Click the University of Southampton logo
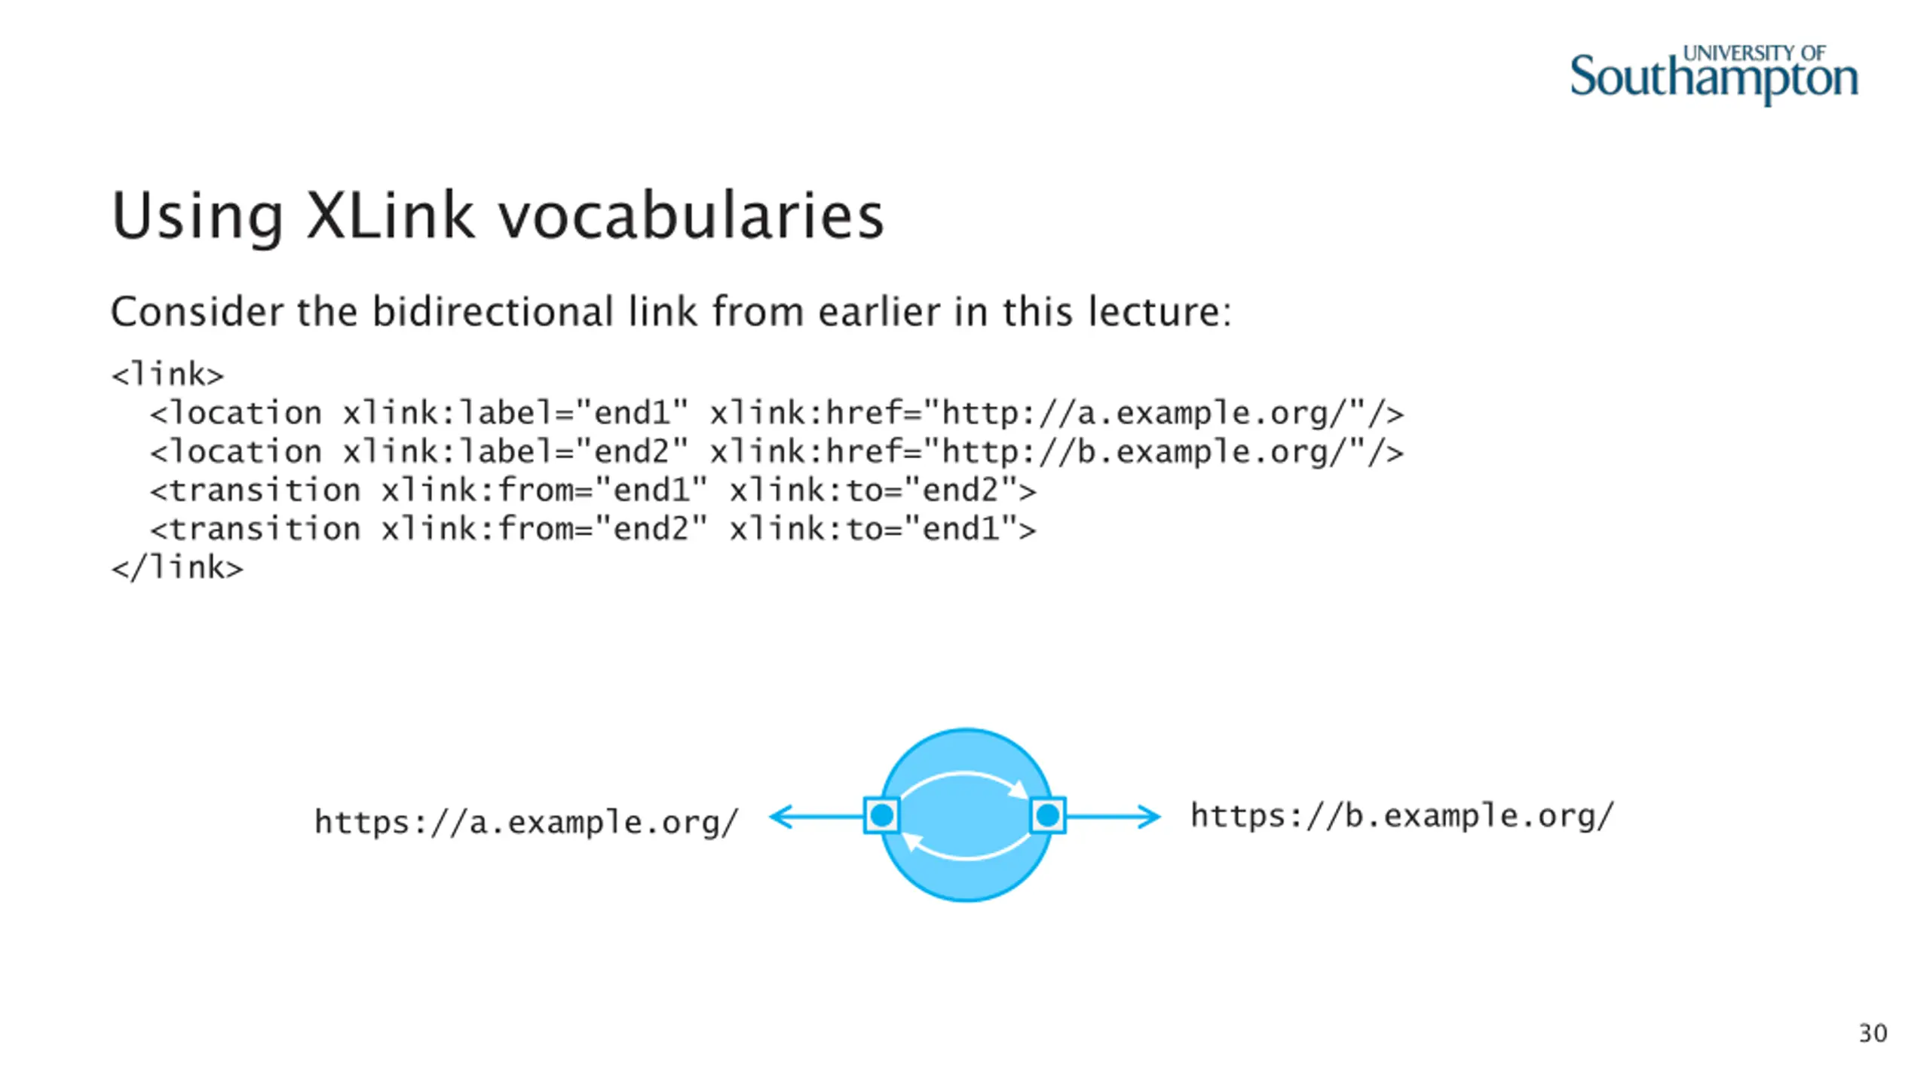point(1713,75)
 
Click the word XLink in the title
point(391,216)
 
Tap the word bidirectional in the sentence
point(493,311)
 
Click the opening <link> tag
point(167,374)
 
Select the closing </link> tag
point(177,567)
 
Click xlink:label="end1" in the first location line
point(516,413)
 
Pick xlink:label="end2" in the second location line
point(516,452)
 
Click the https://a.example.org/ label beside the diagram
point(526,822)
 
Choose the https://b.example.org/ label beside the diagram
point(1402,816)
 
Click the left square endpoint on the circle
point(881,815)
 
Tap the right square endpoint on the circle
point(1048,815)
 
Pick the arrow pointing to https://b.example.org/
point(1114,816)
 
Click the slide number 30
point(1873,1033)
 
